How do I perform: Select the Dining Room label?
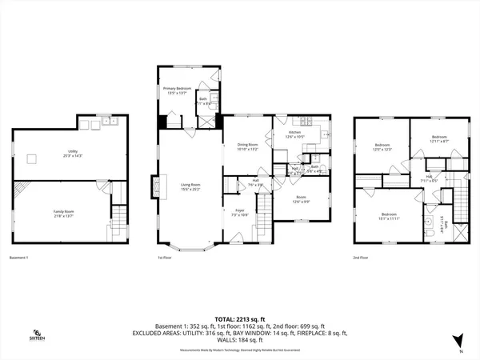pos(247,146)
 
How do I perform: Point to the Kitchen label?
pos(294,134)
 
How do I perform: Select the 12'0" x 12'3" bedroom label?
pos(381,148)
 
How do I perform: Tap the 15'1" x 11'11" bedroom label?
pos(390,216)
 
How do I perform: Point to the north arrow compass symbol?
pos(458,340)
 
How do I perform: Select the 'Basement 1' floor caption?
pos(22,258)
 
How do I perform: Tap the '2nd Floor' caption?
pos(362,258)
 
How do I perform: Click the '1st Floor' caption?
pos(165,258)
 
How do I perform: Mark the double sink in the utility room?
pos(100,122)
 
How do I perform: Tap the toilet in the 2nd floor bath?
pos(432,231)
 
